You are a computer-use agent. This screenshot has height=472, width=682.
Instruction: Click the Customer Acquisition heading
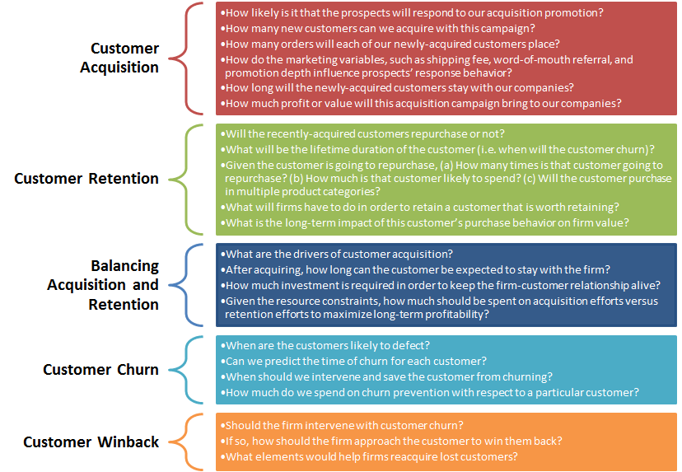[119, 58]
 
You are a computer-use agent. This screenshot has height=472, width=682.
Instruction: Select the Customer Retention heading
[86, 179]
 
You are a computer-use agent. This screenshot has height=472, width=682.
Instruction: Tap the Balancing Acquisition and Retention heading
[103, 285]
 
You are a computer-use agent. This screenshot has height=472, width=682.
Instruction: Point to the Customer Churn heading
[101, 369]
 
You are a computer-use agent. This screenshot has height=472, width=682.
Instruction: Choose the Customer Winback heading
[91, 442]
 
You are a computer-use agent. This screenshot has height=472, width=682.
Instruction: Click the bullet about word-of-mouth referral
[427, 66]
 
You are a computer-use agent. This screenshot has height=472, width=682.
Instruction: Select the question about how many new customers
[377, 29]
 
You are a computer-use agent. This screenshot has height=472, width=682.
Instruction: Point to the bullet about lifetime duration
[437, 150]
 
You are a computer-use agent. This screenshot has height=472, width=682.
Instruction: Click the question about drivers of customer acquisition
[337, 254]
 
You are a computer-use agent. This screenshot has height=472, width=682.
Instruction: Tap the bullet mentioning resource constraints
[439, 307]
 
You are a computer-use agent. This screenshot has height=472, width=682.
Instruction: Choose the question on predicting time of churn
[353, 361]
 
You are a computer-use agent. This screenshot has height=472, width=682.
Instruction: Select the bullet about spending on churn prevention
[430, 392]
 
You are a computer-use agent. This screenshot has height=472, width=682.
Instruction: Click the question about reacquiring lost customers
[369, 457]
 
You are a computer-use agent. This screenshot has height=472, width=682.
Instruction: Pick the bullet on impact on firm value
[424, 222]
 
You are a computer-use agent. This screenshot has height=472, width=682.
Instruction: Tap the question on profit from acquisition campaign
[421, 104]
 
